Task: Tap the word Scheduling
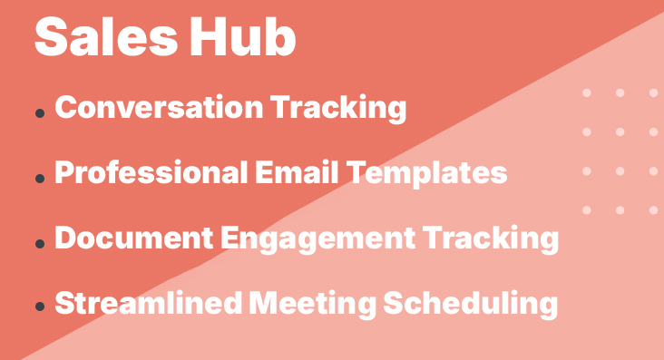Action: pyautogui.click(x=471, y=304)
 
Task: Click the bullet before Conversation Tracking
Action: pyautogui.click(x=40, y=113)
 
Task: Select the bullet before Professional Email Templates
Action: pyautogui.click(x=40, y=179)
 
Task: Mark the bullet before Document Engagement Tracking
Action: pyautogui.click(x=40, y=244)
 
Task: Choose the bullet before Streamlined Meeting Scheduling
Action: pyautogui.click(x=40, y=309)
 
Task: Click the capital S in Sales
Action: pyautogui.click(x=51, y=39)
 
